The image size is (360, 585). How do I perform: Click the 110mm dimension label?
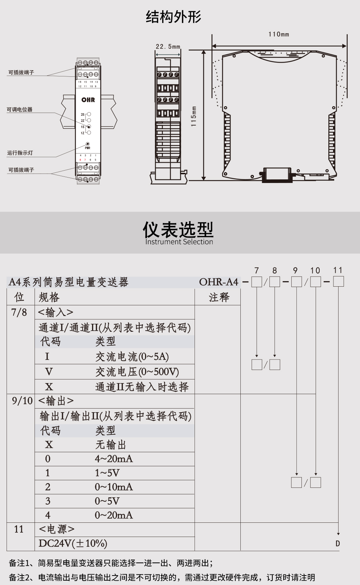point(279,34)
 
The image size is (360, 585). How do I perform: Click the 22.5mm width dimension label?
point(168,47)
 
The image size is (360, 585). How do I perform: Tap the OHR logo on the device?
point(88,100)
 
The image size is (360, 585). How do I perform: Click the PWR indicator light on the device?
point(88,144)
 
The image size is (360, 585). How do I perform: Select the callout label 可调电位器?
point(20,110)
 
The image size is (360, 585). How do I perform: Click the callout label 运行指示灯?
point(20,153)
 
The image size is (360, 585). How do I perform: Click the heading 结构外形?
point(173,17)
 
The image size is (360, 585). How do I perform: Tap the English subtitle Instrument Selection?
point(179,242)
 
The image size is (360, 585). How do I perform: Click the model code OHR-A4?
point(219,282)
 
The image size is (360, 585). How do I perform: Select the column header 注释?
point(219,297)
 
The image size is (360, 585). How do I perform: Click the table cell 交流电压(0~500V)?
point(137,372)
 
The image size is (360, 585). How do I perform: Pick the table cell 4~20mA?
point(114,459)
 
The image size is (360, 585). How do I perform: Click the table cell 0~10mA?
point(114,487)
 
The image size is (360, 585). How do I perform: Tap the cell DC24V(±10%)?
point(73,544)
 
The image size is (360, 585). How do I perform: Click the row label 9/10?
point(22,401)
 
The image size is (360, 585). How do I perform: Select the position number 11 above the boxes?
point(338,270)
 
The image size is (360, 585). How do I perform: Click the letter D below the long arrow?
point(338,544)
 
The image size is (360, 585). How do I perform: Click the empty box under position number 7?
point(257,282)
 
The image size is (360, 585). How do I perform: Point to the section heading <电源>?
point(56,529)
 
